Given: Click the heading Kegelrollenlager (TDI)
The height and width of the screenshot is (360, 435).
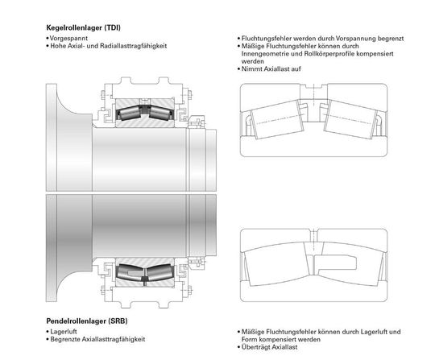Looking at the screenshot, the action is [x=83, y=27].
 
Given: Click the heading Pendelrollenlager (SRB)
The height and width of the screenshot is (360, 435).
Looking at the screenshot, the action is [x=87, y=321].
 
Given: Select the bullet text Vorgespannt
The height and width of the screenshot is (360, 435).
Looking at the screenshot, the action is [x=68, y=39].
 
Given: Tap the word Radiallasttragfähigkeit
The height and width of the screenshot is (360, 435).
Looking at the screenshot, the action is [x=133, y=46].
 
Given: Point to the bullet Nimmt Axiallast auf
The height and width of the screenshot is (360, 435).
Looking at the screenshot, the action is [x=271, y=68].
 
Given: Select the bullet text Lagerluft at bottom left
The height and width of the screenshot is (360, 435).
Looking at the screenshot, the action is [x=64, y=332].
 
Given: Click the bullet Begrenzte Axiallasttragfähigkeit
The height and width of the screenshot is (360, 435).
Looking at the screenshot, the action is [x=97, y=339].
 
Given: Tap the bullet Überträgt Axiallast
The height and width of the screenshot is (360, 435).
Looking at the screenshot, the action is [x=269, y=347].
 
